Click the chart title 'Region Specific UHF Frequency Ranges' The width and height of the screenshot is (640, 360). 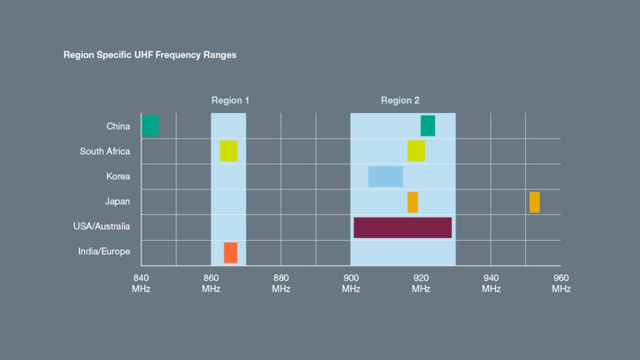pos(150,55)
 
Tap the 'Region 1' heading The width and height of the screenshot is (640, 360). pos(230,101)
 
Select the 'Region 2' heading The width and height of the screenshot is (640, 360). pos(400,101)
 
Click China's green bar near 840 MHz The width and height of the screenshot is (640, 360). pos(150,126)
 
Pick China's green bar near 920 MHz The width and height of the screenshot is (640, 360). pos(427,126)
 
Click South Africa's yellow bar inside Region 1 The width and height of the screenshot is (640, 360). pos(229,151)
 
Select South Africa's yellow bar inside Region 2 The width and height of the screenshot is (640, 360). pos(416,151)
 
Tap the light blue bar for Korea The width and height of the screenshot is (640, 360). pos(386,177)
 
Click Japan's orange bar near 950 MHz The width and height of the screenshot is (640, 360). pos(535,202)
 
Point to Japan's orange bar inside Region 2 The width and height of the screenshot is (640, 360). pos(412,202)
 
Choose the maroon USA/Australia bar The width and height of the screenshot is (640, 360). pos(402,227)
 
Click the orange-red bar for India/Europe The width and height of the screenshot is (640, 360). pos(231,252)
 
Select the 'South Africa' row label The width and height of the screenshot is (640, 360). pos(105,151)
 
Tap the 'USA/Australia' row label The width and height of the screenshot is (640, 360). pos(102,226)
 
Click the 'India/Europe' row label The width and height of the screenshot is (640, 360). pos(104,251)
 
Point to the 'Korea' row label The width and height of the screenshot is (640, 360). pos(118,176)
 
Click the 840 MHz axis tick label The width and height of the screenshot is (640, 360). pos(141,283)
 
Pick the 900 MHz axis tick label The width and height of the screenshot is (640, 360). pos(351,283)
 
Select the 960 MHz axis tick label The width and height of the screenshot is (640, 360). pos(561,283)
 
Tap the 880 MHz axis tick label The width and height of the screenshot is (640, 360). pos(281,283)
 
